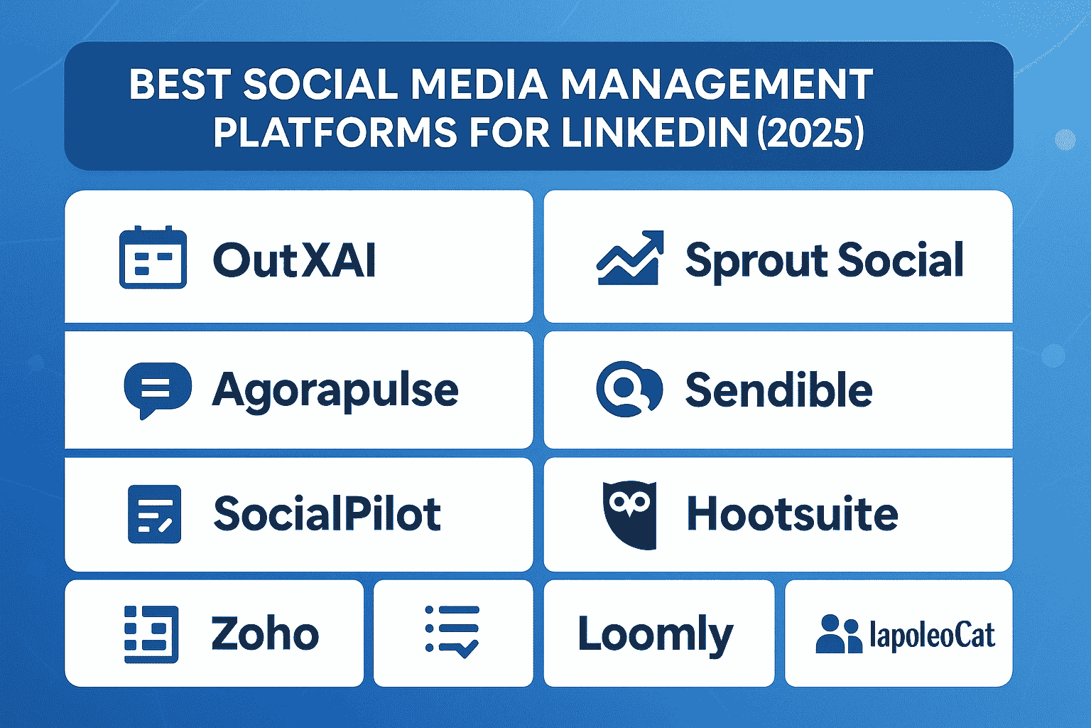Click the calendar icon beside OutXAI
click(153, 257)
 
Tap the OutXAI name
click(294, 260)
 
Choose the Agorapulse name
click(335, 391)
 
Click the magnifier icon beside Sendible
click(629, 389)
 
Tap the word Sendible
click(778, 390)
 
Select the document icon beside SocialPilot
click(154, 514)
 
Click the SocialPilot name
click(327, 514)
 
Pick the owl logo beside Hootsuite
click(629, 514)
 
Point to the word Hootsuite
click(792, 514)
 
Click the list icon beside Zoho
click(151, 634)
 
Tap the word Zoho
click(265, 634)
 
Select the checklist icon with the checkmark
click(452, 631)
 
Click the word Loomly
click(655, 634)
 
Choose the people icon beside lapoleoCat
click(838, 634)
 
